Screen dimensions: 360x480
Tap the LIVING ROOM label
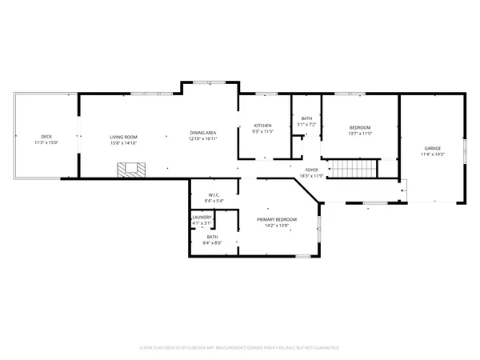[x=124, y=137]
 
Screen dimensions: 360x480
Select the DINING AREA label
[x=202, y=132]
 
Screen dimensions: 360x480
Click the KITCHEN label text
[x=263, y=126]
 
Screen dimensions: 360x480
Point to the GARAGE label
[x=433, y=148]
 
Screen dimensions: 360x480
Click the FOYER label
[x=310, y=170]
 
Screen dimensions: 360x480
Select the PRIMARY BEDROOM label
[x=277, y=219]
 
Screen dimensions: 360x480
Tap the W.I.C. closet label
[x=214, y=194]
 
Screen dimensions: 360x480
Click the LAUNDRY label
[x=202, y=218]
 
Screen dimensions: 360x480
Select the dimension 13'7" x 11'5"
[x=361, y=133]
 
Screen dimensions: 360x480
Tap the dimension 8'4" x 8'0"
[x=212, y=242]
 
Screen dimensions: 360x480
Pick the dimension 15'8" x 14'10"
[x=124, y=142]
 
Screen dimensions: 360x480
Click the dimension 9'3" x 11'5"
[x=263, y=131]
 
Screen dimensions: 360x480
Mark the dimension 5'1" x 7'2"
[x=307, y=125]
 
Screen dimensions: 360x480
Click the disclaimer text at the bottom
[x=240, y=348]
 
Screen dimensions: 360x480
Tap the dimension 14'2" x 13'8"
[x=277, y=225]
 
